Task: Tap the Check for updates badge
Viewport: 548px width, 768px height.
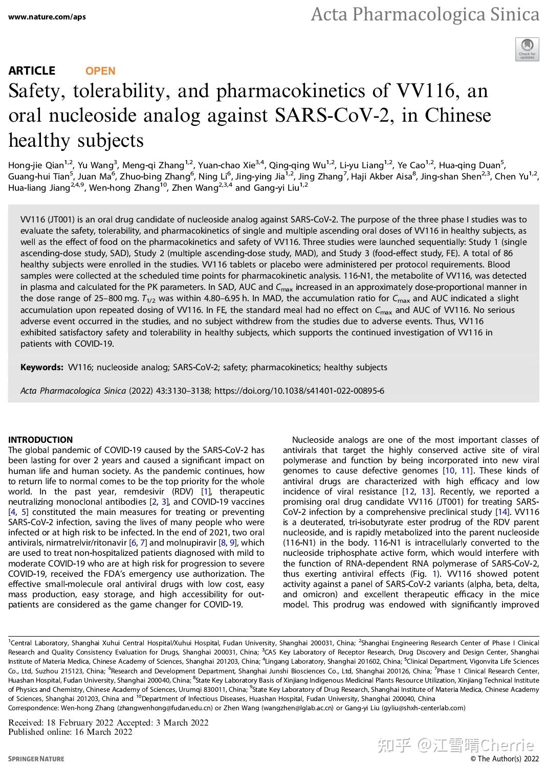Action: click(527, 49)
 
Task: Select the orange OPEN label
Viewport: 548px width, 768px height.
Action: click(100, 71)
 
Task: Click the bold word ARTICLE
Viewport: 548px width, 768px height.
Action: click(32, 71)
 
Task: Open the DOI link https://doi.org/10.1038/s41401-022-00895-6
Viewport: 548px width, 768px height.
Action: click(299, 391)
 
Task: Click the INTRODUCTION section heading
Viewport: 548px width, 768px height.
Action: click(40, 440)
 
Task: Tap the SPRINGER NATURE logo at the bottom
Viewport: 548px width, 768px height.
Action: click(36, 759)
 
